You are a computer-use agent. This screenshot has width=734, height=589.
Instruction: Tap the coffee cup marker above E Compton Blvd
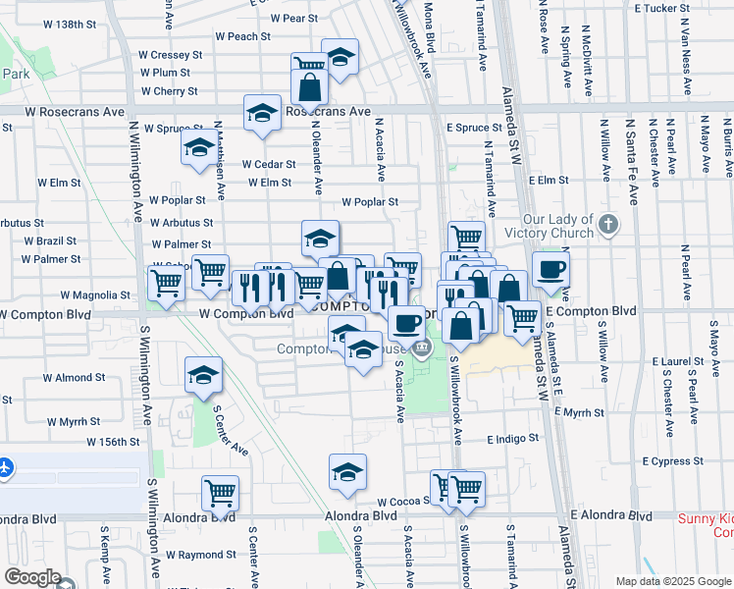click(550, 270)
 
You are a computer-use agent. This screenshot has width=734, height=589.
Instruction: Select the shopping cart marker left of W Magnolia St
click(166, 284)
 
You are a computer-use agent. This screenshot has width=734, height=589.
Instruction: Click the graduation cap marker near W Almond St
click(203, 375)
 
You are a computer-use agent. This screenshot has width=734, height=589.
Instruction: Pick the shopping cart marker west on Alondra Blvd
click(220, 494)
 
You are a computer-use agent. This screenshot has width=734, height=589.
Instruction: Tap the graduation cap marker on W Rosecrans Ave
click(263, 113)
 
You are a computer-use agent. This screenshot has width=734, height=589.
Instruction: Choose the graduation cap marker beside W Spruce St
click(199, 149)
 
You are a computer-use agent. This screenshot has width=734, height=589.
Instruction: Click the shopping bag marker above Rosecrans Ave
click(310, 87)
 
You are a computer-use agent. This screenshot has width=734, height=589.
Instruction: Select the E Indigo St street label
click(513, 439)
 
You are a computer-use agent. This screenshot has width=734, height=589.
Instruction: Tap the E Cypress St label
click(673, 460)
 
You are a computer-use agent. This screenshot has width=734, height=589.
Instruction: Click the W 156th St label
click(113, 443)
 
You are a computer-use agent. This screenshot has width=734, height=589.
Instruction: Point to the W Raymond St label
click(201, 555)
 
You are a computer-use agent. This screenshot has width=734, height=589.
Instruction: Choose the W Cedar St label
click(269, 164)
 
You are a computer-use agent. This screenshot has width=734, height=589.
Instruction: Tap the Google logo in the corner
click(32, 577)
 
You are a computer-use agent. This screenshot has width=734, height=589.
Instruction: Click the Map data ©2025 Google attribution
click(673, 581)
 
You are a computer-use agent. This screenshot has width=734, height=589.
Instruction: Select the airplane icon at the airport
click(5, 467)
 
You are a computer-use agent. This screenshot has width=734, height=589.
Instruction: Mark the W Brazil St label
click(50, 241)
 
